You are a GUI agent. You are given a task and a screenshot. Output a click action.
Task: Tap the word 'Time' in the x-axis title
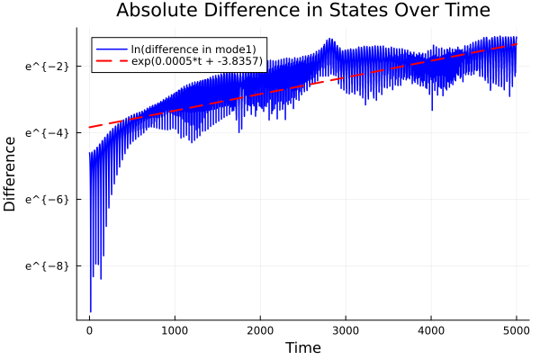[302, 347]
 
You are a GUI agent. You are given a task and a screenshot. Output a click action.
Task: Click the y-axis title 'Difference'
[11, 173]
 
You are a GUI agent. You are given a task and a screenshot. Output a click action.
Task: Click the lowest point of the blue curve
[90, 311]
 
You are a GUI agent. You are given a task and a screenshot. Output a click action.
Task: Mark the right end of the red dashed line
[517, 45]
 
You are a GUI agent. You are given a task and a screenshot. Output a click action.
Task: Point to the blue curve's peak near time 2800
[329, 39]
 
